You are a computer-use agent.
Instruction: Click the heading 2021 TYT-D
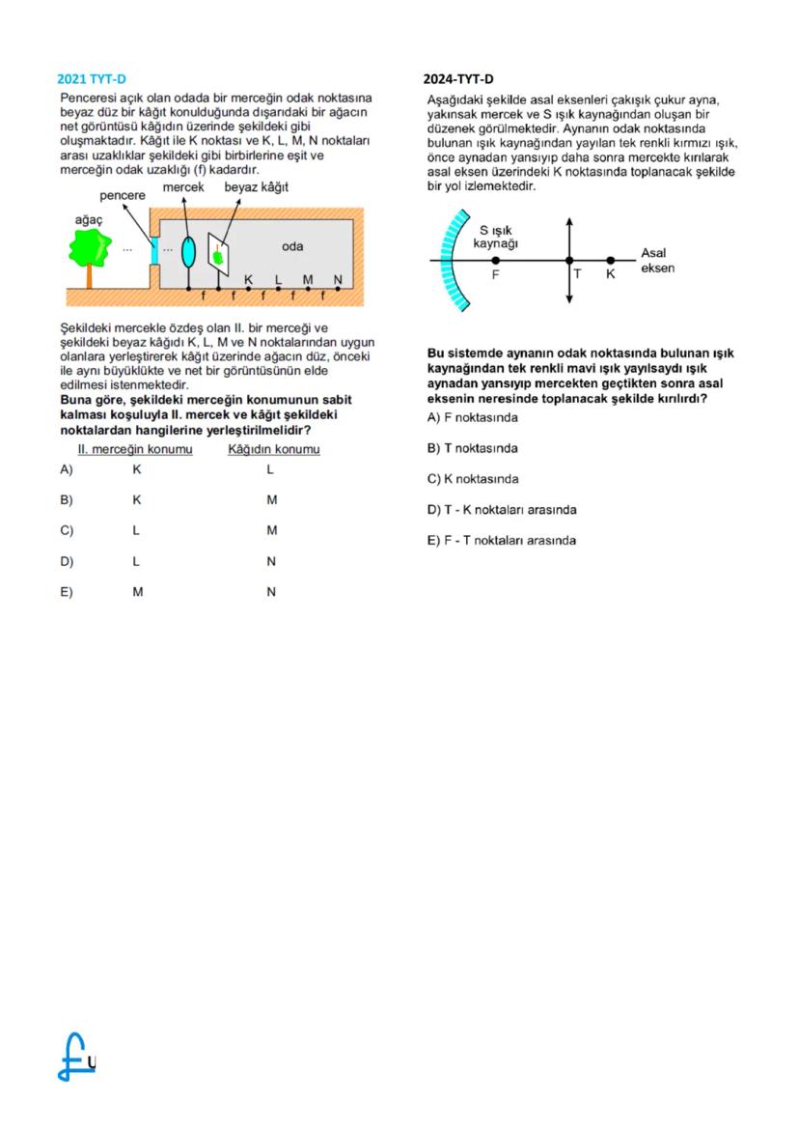click(92, 79)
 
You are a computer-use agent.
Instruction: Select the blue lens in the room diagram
click(189, 251)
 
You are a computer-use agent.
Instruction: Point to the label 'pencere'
click(123, 195)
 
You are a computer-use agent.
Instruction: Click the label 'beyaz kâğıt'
click(257, 186)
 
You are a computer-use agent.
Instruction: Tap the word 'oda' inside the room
click(292, 246)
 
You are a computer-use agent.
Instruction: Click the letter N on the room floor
click(337, 279)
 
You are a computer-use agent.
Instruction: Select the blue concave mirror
click(449, 261)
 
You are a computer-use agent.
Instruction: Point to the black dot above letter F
click(496, 260)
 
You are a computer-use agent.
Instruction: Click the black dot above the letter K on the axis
click(610, 260)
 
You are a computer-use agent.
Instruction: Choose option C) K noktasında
click(472, 479)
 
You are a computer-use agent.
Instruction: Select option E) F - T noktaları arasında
click(501, 540)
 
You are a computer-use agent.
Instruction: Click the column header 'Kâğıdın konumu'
click(273, 449)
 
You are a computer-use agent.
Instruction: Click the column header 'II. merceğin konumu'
click(135, 449)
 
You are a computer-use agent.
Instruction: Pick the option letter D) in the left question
click(67, 561)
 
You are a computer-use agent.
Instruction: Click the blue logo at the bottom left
click(75, 1055)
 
